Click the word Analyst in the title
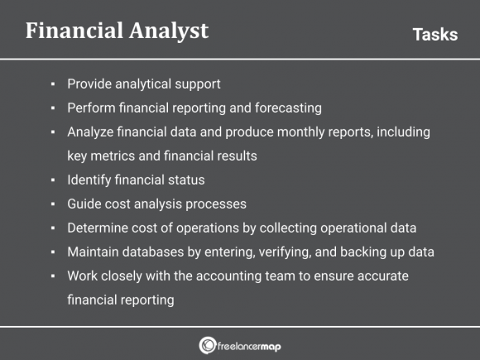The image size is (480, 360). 170,31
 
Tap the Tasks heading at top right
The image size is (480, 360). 434,34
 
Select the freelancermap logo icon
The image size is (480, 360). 208,344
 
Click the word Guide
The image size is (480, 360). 84,204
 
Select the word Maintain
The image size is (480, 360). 94,252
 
